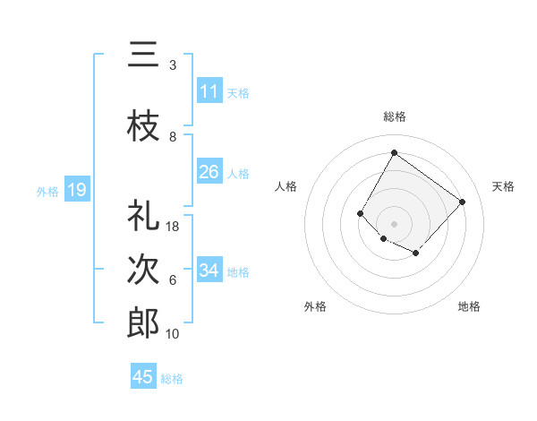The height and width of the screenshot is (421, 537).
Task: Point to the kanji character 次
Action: [x=142, y=268]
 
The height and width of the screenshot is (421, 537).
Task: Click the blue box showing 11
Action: [x=209, y=91]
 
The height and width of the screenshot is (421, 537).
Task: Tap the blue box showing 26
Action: [x=209, y=172]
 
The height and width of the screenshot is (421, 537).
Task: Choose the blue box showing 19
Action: [x=76, y=190]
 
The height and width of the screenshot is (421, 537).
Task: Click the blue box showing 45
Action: [x=143, y=377]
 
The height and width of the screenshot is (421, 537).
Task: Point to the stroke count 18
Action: [x=173, y=227]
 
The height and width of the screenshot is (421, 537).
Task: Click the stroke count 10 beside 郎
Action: [x=173, y=334]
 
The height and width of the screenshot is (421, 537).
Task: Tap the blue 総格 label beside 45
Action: [x=172, y=378]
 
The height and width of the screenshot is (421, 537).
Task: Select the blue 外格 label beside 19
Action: [x=47, y=191]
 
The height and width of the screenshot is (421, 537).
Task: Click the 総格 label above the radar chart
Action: [x=394, y=116]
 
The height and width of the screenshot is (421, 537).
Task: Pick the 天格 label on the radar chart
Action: [x=503, y=186]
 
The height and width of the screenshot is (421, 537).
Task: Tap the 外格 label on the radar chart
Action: [x=315, y=306]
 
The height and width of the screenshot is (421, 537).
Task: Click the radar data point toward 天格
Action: [x=462, y=202]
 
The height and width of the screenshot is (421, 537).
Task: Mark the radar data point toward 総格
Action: [x=394, y=152]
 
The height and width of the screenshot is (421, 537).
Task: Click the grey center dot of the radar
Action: [x=394, y=223]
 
